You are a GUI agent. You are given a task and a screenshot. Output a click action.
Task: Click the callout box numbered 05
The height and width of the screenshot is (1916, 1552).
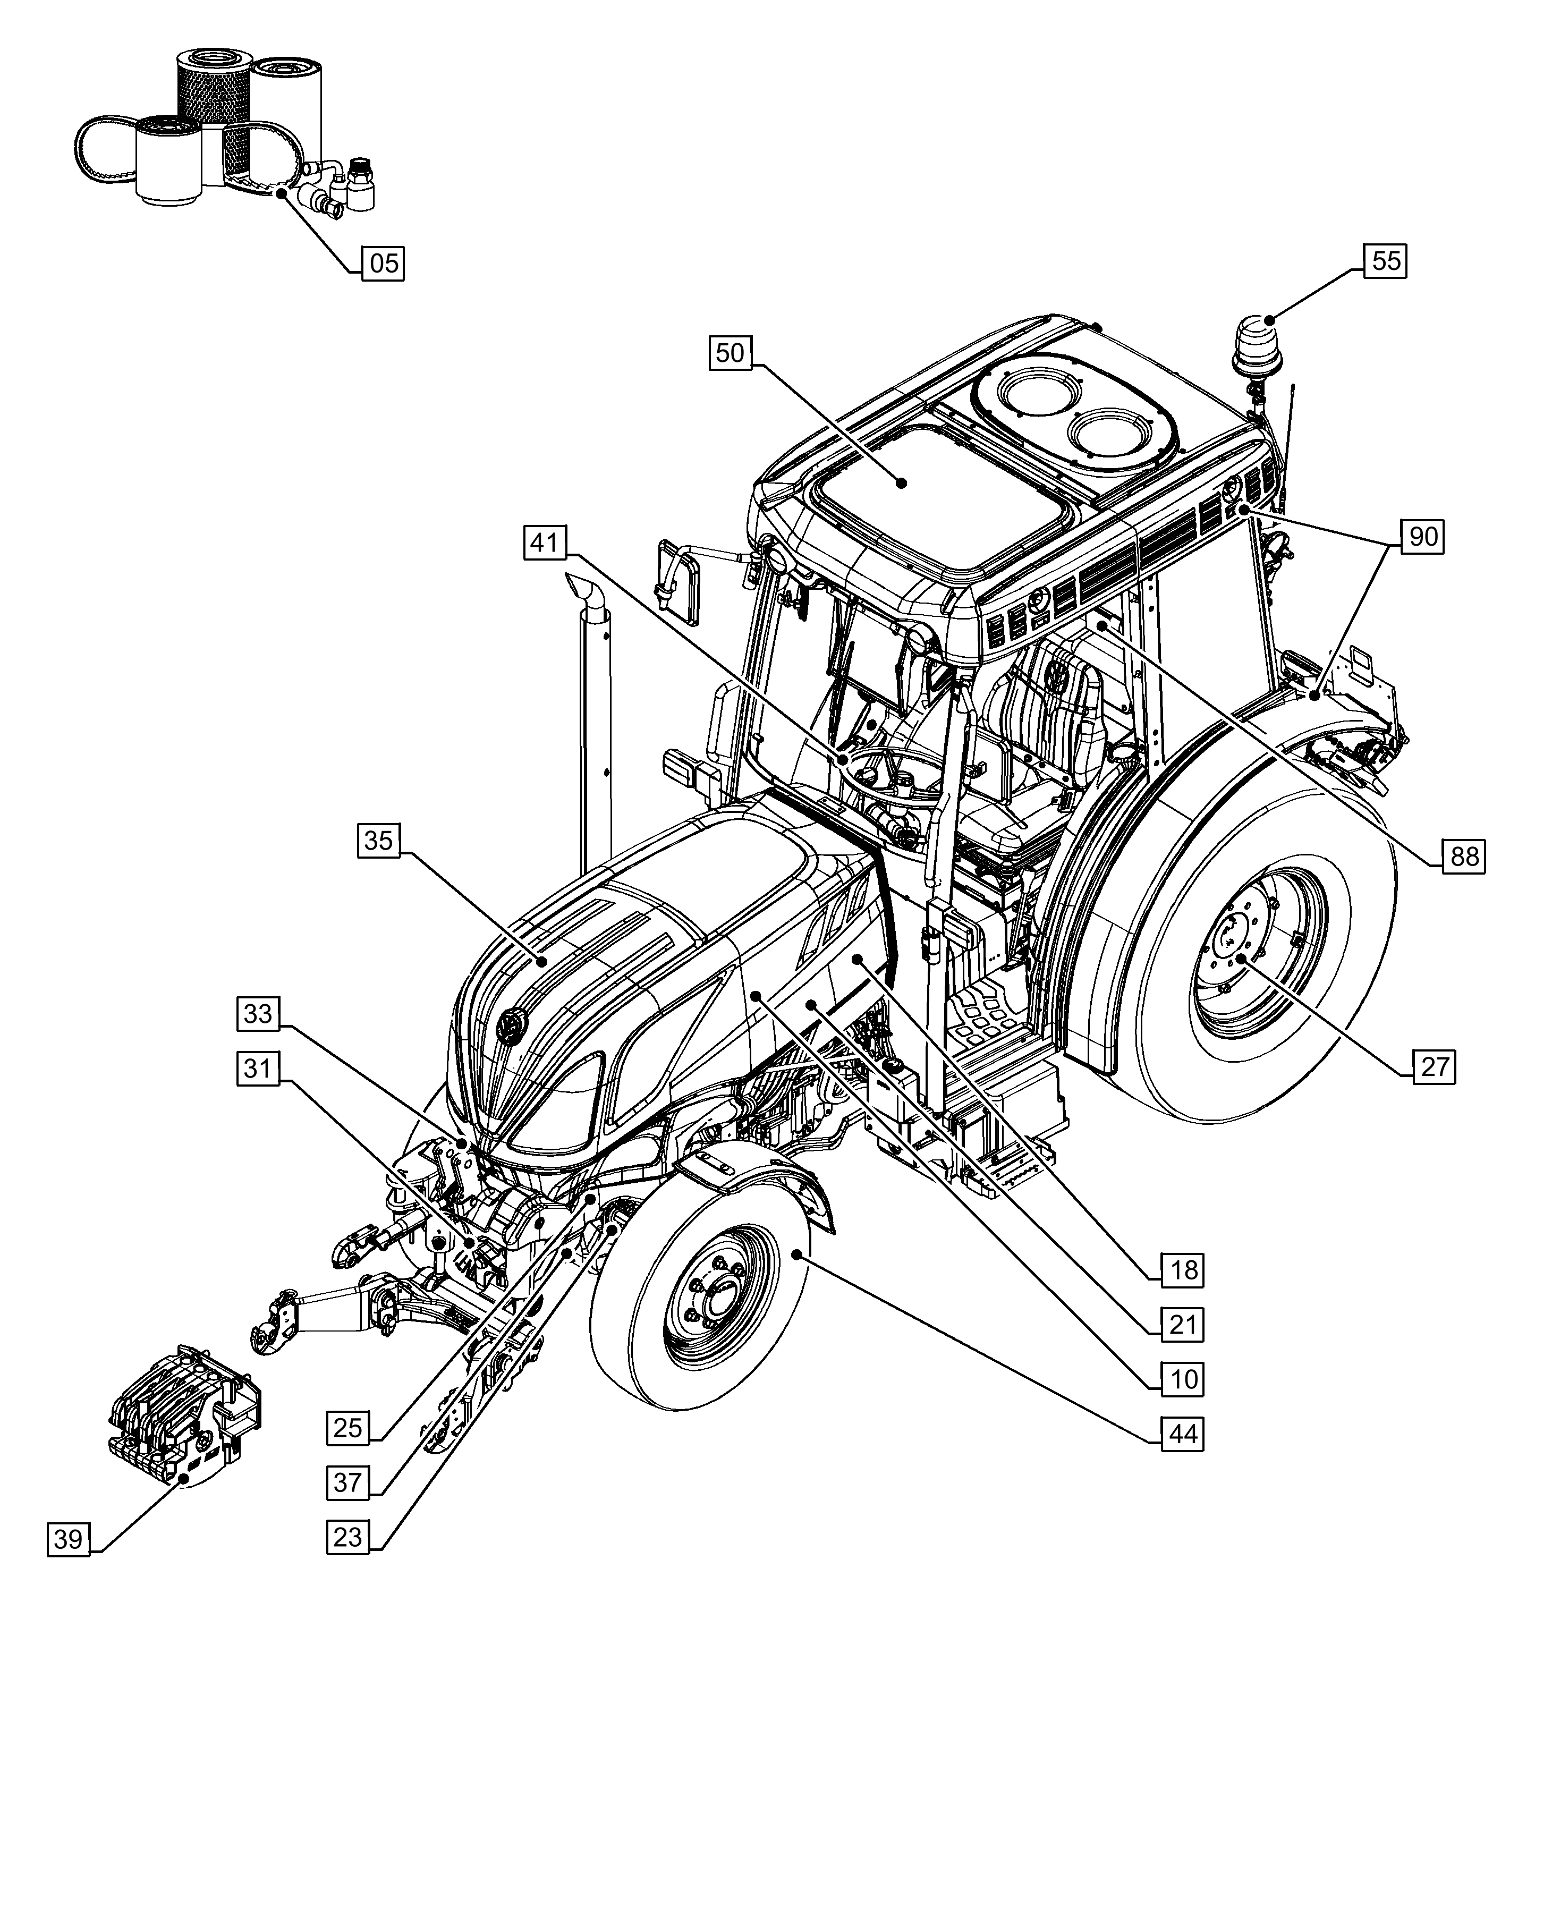pos(383,264)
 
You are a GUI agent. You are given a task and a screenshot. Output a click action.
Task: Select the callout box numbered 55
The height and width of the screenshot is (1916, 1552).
pos(1385,261)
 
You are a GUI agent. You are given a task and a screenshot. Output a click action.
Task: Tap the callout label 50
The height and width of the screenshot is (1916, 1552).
pos(731,353)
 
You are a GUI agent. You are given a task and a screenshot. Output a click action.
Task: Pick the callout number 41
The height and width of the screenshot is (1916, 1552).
pos(545,542)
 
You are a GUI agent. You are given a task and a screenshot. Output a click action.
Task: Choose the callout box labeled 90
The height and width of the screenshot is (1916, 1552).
pos(1422,537)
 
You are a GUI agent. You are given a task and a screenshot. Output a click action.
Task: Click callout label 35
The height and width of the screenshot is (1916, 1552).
pos(379,841)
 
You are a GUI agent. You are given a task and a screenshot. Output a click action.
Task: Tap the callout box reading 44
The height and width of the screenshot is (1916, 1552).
pos(1183,1434)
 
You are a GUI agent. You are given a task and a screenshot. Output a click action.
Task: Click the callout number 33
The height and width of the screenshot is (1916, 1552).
pos(258,1014)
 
